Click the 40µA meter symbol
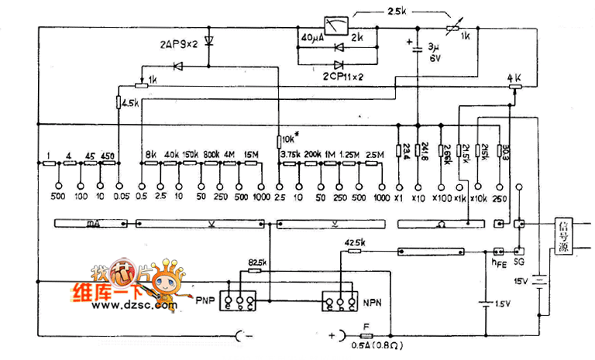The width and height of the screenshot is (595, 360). click(334, 27)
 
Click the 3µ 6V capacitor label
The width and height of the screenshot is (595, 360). click(435, 52)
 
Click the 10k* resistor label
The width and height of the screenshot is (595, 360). click(289, 139)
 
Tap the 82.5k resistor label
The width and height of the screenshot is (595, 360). click(257, 263)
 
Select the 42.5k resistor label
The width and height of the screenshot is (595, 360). click(354, 244)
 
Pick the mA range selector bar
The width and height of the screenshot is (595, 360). click(92, 224)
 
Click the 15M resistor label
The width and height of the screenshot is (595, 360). click(251, 154)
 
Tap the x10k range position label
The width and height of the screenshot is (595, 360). click(479, 199)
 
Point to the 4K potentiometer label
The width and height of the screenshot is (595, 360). click(514, 78)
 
